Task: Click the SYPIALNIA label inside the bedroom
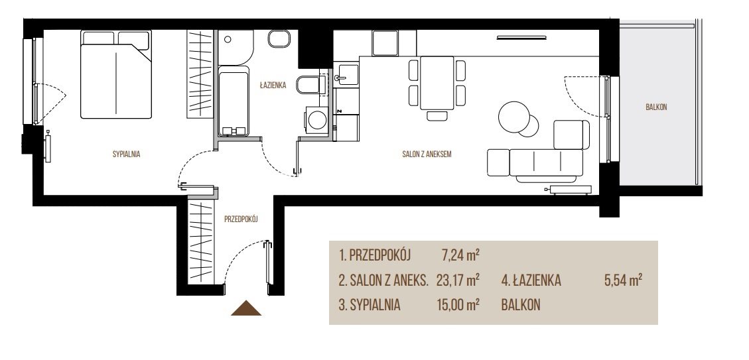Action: tap(126, 154)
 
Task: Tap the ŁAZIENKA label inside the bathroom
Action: tap(273, 86)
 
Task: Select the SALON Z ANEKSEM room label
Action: tap(427, 154)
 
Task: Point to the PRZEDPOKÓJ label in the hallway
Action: tap(241, 219)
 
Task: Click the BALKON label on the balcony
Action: tap(656, 107)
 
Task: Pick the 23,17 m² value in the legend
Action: tap(458, 280)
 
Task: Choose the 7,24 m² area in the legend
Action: tap(461, 255)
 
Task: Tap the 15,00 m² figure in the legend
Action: tap(458, 305)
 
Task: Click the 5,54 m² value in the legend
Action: tap(623, 280)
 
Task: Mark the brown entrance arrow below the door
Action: tap(246, 308)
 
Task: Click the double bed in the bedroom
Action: tap(116, 74)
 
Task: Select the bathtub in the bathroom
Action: tap(233, 101)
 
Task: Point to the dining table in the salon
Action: tap(437, 83)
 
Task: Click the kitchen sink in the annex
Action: tap(347, 76)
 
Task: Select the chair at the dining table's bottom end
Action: tap(437, 115)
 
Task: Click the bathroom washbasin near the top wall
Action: tap(279, 39)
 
